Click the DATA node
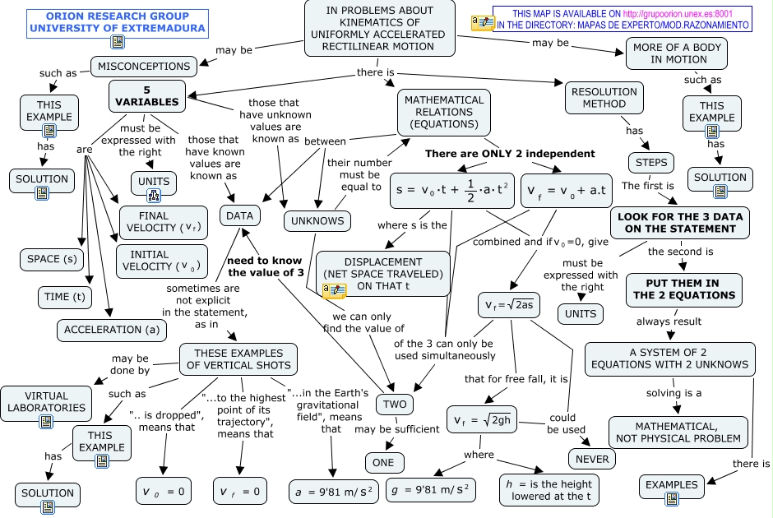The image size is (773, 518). point(240,215)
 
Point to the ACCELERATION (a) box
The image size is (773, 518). point(112,330)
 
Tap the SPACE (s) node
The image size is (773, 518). point(52,259)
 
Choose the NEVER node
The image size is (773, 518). point(591,458)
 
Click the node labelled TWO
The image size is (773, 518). point(396,405)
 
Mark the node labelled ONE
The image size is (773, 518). point(383,462)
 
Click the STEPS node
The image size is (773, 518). point(651,162)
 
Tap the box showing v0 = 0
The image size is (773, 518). point(164,492)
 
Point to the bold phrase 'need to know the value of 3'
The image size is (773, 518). point(260,266)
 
